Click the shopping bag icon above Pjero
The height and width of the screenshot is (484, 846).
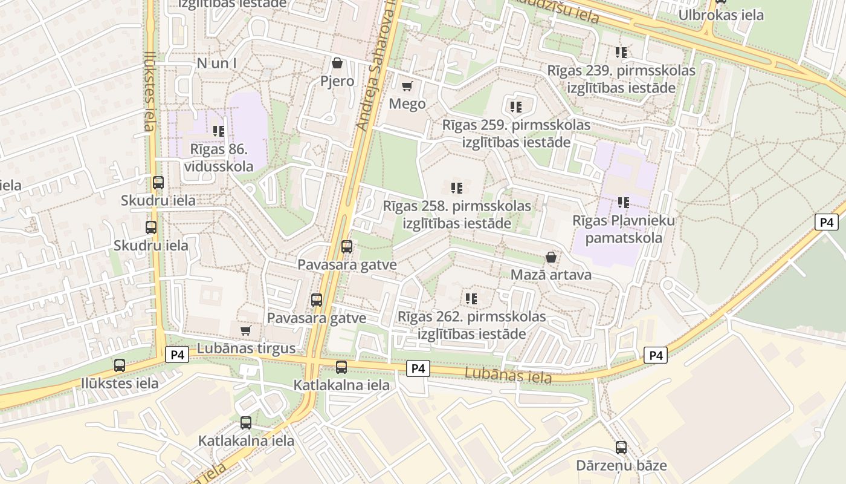point(337,63)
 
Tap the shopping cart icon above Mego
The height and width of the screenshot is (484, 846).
point(407,86)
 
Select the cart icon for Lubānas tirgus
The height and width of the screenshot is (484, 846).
point(245,330)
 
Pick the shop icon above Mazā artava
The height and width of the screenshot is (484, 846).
point(551,257)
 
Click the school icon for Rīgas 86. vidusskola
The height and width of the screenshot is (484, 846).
point(219,131)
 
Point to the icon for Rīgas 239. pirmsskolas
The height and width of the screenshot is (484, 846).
point(621,53)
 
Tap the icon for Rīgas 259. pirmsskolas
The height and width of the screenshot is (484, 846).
point(516,107)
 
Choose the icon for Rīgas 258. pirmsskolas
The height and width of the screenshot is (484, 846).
point(457,188)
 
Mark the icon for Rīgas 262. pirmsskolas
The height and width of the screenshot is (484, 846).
point(471,298)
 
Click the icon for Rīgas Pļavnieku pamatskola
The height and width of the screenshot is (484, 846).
point(624,203)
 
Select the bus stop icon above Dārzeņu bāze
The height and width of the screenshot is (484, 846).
point(621,448)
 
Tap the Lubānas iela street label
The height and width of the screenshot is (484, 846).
point(508,376)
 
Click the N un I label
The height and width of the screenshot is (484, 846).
point(216,63)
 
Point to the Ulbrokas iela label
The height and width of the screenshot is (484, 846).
point(721,15)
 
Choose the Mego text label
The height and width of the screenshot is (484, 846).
point(407,103)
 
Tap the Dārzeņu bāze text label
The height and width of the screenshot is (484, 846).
point(621,465)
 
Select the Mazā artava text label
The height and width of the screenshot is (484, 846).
point(551,275)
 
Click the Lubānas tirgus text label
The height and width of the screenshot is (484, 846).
point(247,348)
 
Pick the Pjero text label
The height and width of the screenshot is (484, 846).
point(337,80)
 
